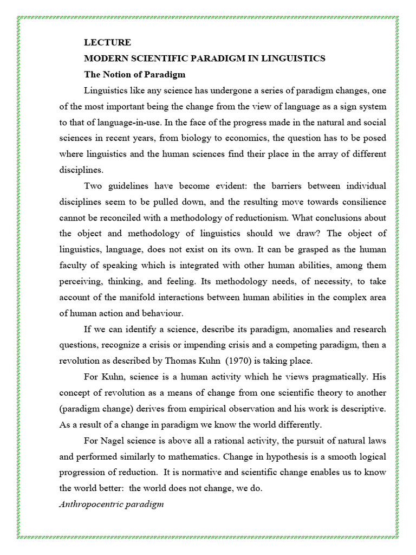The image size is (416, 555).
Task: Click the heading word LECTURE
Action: [x=107, y=42]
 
